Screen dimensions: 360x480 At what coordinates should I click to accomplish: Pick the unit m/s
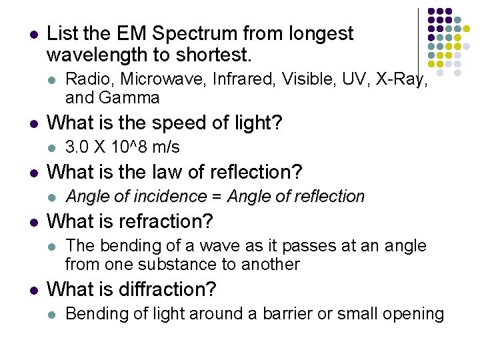[x=165, y=147]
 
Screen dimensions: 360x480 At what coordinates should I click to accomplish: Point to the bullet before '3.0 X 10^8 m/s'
[x=52, y=147]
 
